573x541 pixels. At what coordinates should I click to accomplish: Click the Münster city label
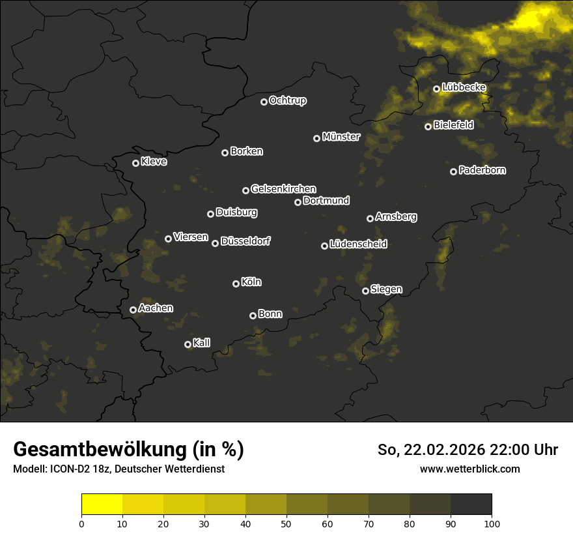[x=341, y=137]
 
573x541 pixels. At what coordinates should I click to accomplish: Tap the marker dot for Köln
[x=236, y=284]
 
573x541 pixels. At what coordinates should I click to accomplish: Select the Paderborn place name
[x=482, y=170]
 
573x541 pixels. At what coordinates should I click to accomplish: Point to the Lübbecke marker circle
[x=436, y=89]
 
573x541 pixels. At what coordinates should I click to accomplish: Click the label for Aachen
[x=156, y=308]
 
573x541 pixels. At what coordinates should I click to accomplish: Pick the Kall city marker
[x=188, y=344]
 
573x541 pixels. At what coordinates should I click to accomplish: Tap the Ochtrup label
[x=288, y=100]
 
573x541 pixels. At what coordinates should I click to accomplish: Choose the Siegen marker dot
[x=365, y=291]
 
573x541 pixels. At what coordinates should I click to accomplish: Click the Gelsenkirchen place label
[x=284, y=189]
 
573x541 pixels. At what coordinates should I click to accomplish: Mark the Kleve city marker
[x=135, y=163]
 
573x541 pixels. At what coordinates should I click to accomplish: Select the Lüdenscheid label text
[x=359, y=244]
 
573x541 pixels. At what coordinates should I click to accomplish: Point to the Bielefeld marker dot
[x=428, y=126]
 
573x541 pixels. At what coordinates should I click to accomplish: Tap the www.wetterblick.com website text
[x=470, y=469]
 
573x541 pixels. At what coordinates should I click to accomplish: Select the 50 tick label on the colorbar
[x=286, y=524]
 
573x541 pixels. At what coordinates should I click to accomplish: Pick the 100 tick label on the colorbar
[x=492, y=524]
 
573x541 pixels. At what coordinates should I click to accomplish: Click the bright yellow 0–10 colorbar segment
[x=102, y=504]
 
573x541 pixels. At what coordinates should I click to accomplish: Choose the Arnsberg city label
[x=396, y=216]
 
